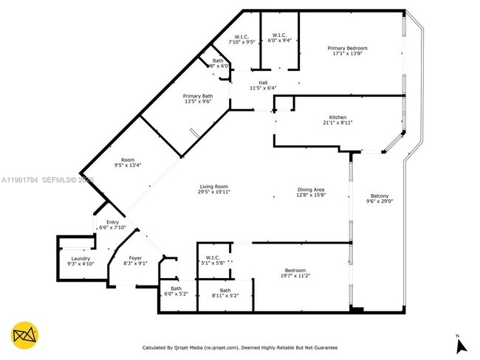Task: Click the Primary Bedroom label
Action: [347, 48]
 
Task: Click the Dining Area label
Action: [311, 190]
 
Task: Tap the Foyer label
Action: [135, 258]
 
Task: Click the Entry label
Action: [112, 222]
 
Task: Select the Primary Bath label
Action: [198, 96]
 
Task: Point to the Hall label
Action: [262, 83]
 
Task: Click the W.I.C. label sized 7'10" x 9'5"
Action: [241, 37]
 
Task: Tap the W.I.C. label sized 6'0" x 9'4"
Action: [279, 35]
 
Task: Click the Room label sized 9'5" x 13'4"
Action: [128, 160]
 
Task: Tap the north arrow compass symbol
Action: [459, 344]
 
